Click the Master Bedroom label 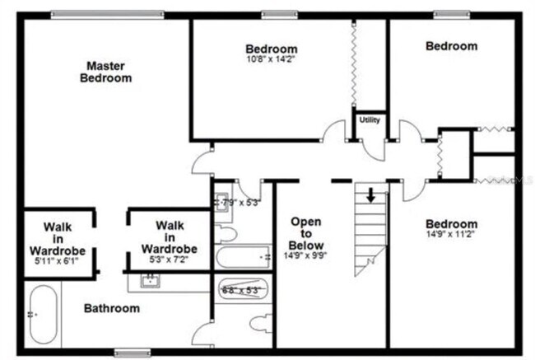(105, 72)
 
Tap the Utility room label (370, 120)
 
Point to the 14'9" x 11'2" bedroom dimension (451, 233)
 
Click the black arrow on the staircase (372, 196)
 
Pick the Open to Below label (306, 234)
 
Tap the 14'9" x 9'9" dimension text (306, 255)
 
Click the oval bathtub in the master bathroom (43, 314)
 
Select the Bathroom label (113, 308)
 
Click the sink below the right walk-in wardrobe (151, 282)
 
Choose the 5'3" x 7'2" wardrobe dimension (168, 259)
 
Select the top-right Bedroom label (451, 46)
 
